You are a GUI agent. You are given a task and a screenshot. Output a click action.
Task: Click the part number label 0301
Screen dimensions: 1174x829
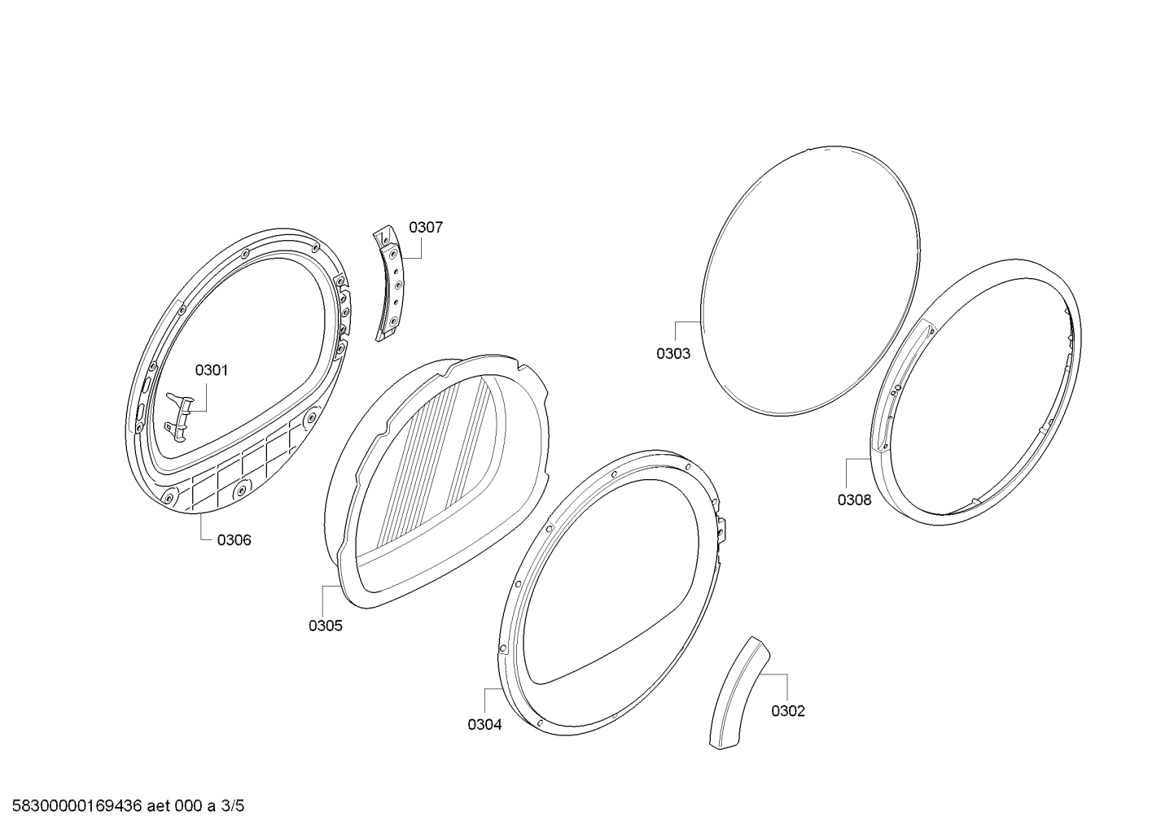coord(211,370)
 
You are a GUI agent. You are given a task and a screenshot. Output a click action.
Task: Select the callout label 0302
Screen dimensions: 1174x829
coord(788,711)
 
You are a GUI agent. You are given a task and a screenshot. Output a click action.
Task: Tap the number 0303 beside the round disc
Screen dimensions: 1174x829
coord(673,354)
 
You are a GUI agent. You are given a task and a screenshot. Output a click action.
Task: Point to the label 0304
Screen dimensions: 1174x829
coord(484,725)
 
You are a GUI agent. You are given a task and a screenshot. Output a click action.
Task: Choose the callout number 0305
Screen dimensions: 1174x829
coord(326,626)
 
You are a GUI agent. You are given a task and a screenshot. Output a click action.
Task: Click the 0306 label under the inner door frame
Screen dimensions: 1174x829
coord(234,540)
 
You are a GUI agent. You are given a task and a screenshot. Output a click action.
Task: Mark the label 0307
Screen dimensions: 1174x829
coord(426,227)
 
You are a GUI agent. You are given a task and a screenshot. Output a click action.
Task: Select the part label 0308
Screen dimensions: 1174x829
coord(854,500)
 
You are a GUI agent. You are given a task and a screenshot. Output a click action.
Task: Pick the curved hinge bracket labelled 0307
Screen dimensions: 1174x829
coord(390,283)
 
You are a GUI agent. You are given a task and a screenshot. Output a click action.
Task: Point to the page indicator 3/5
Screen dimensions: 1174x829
coord(233,806)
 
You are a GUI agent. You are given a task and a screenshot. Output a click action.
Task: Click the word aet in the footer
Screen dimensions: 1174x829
coord(157,806)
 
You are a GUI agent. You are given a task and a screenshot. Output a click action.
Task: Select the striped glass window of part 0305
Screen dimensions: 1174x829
coord(435,460)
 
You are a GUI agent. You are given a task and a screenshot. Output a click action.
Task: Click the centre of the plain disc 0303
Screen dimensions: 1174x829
coord(810,281)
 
